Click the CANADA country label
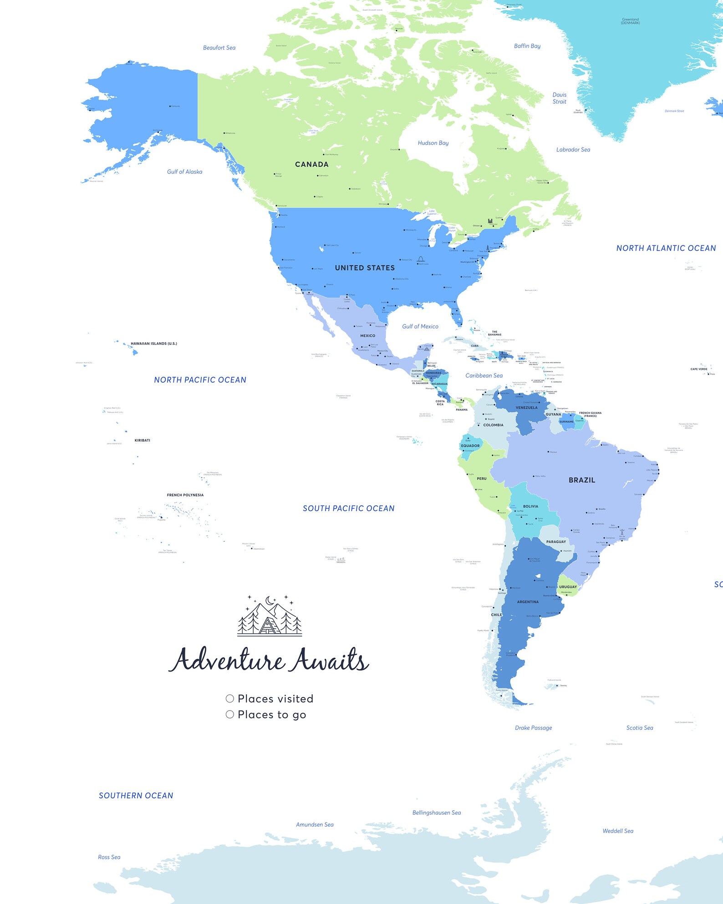click(x=311, y=164)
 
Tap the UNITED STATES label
click(x=365, y=268)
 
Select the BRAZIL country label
click(x=581, y=480)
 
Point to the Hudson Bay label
click(x=433, y=143)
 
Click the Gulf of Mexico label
click(x=420, y=326)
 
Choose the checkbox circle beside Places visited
click(x=230, y=698)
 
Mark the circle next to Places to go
click(x=230, y=714)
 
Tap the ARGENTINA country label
click(x=528, y=602)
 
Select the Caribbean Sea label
click(x=484, y=375)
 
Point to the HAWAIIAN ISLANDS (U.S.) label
click(x=153, y=343)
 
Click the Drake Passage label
click(x=533, y=727)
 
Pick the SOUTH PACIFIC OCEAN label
click(x=348, y=508)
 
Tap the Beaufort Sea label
click(x=219, y=48)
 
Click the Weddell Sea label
click(x=617, y=831)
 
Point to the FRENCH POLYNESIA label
click(x=185, y=495)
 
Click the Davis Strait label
click(x=559, y=98)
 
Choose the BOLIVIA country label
click(x=530, y=506)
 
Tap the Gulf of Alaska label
click(x=184, y=172)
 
